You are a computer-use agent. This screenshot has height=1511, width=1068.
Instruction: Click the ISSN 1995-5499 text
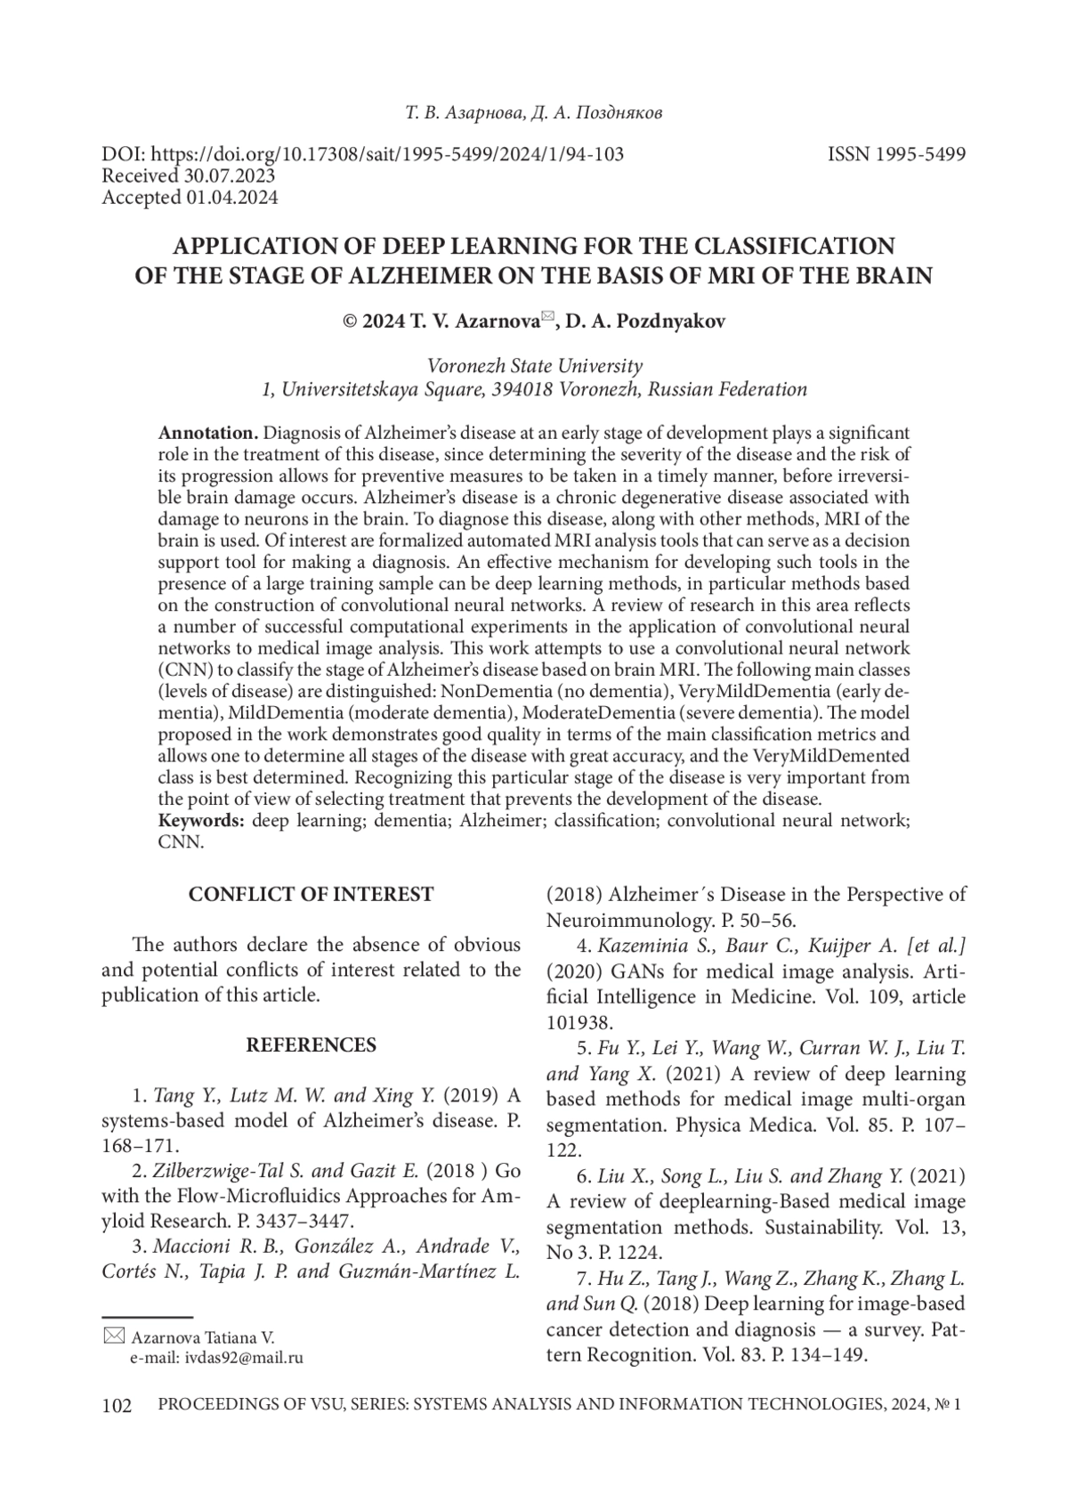click(x=896, y=154)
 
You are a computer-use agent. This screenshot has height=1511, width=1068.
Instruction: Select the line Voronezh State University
click(x=534, y=366)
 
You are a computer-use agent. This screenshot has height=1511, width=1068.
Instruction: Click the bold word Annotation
click(x=207, y=434)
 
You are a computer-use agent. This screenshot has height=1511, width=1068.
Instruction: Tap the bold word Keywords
click(x=202, y=820)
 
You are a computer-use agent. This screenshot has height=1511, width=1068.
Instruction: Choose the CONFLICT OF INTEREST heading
click(x=311, y=895)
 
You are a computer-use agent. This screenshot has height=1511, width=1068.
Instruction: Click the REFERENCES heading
click(x=311, y=1044)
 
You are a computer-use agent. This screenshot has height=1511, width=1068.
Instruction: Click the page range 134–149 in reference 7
click(x=822, y=1356)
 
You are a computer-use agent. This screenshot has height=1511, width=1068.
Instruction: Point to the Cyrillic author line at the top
click(x=533, y=113)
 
